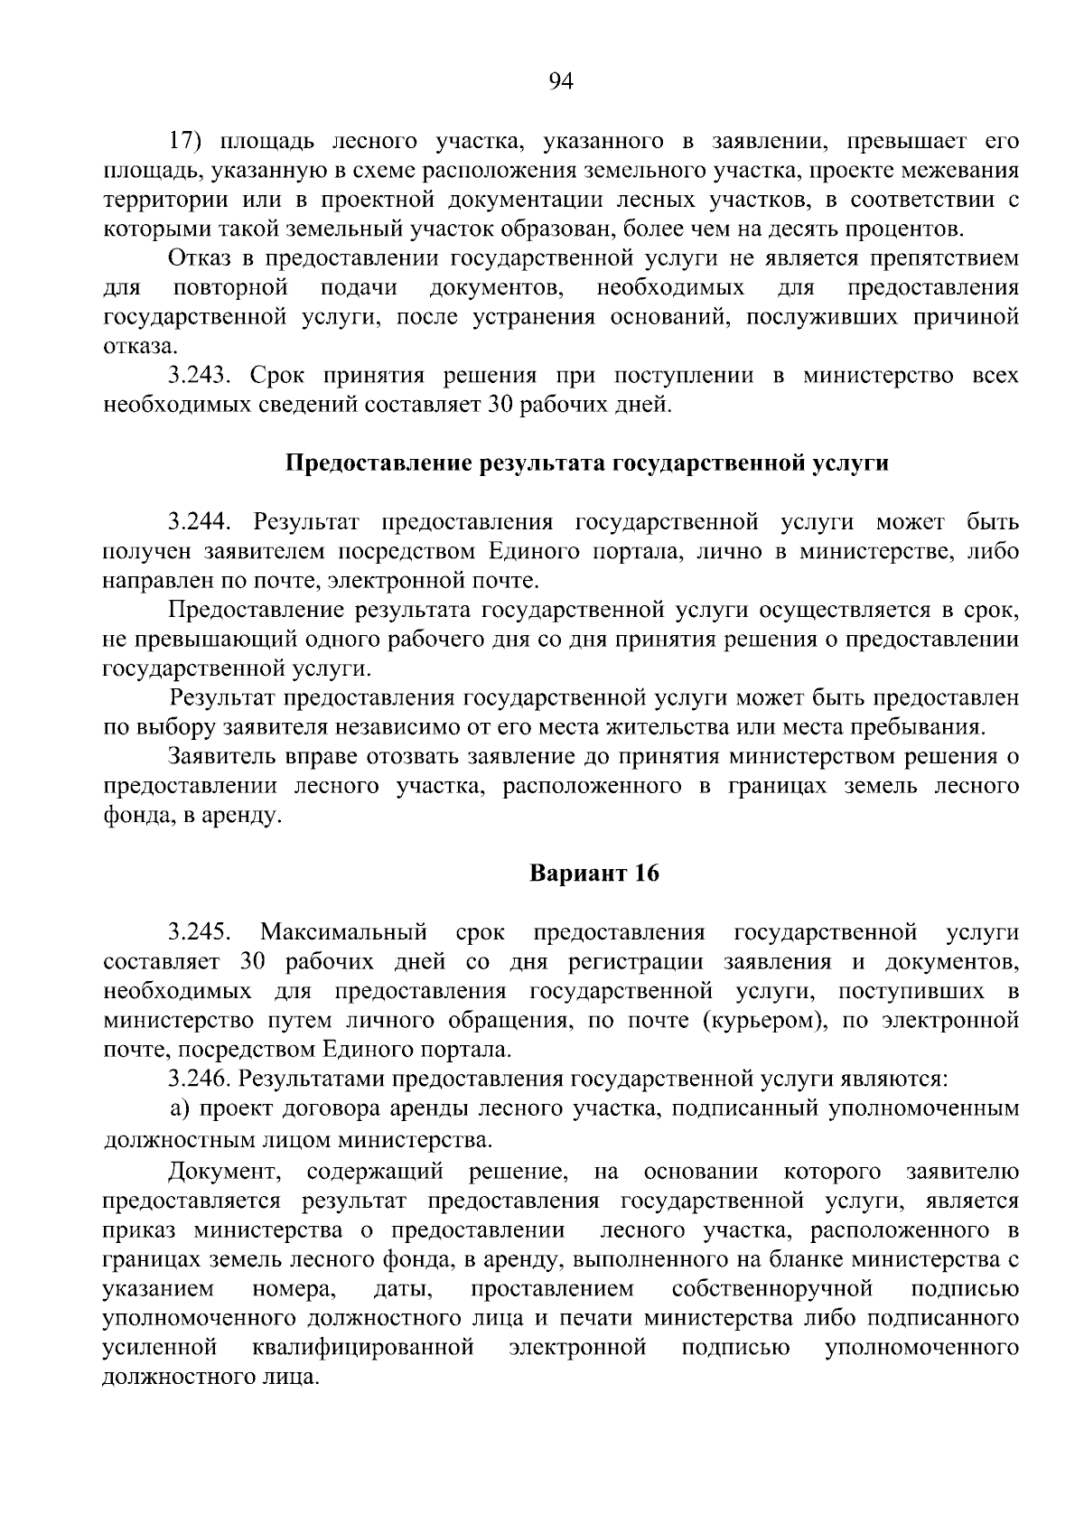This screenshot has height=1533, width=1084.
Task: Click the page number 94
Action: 560,82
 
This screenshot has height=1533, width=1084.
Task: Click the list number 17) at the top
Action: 189,141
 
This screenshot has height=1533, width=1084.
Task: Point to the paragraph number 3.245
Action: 200,932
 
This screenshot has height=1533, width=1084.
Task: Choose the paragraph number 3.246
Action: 200,1079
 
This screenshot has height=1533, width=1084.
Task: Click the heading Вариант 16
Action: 593,874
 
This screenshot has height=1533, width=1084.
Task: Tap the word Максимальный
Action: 343,932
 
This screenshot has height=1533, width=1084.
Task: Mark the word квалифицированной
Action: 363,1348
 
